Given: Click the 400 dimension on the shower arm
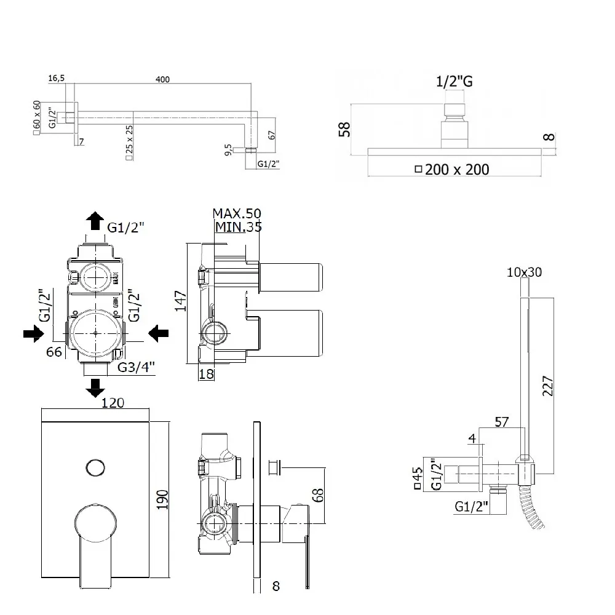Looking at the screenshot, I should click(163, 79).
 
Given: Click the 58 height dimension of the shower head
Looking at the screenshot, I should click(344, 129).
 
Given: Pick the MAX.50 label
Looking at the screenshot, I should click(237, 214).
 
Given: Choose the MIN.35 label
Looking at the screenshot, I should click(238, 227).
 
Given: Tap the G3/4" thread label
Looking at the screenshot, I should click(136, 368).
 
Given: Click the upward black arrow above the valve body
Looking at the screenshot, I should click(95, 220).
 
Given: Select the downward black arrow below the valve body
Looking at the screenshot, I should click(95, 387).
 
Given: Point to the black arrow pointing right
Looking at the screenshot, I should click(33, 333).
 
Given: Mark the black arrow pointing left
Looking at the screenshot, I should click(159, 333).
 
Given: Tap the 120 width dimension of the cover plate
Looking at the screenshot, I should click(113, 403).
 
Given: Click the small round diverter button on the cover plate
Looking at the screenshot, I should click(95, 467).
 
